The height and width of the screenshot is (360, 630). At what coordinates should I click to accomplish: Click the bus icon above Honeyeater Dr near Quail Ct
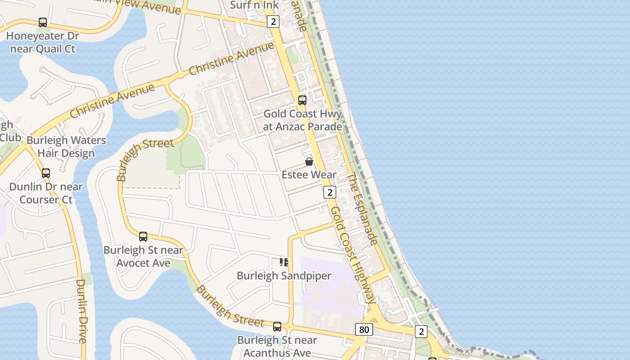[x=43, y=22]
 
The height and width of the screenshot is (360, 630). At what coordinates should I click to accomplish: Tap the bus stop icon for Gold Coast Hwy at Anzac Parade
[x=302, y=100]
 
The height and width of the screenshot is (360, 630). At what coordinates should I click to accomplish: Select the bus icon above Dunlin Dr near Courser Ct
[x=46, y=173]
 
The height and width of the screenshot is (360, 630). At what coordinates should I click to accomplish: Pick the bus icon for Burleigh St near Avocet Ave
[x=143, y=237]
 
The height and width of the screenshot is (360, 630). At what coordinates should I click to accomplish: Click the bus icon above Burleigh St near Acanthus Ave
[x=277, y=327]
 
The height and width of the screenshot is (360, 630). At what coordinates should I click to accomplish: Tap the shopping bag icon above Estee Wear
[x=309, y=162]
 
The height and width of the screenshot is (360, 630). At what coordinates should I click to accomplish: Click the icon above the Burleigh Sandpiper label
[x=284, y=262]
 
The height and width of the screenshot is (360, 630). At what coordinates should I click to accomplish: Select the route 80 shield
[x=364, y=329]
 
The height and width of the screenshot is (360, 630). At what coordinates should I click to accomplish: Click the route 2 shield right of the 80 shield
[x=421, y=332]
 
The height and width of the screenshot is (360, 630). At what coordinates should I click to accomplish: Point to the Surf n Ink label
[x=254, y=5]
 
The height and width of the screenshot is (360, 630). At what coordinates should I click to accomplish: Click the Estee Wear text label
[x=309, y=175]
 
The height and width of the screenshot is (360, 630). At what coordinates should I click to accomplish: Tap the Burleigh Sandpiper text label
[x=284, y=275]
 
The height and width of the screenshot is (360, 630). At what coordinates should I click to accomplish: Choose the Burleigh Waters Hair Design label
[x=66, y=147]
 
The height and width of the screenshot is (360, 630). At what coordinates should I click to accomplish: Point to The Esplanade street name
[x=363, y=209]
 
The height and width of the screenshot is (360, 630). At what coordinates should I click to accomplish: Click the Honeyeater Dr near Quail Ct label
[x=43, y=42]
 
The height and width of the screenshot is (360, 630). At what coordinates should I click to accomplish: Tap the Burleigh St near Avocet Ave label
[x=143, y=256]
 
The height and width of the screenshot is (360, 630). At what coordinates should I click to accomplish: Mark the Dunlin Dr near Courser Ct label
[x=46, y=193]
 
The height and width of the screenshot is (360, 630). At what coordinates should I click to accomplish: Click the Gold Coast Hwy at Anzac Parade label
[x=302, y=120]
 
